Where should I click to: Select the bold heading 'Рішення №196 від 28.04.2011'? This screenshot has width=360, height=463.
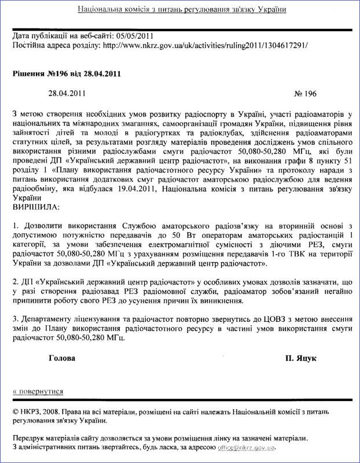tap(67, 74)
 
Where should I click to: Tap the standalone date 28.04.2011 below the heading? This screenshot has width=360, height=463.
tap(68, 93)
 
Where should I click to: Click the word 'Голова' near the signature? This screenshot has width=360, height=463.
tap(63, 358)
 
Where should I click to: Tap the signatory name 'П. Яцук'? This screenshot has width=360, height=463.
tap(300, 358)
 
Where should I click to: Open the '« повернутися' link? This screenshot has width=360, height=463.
tap(38, 391)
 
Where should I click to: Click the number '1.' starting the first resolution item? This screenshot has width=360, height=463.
tap(15, 224)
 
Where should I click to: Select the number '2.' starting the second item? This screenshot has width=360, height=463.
tap(15, 281)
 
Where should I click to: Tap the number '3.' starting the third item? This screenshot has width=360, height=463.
tap(15, 319)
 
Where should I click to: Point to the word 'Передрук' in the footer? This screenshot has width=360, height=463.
tap(30, 439)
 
